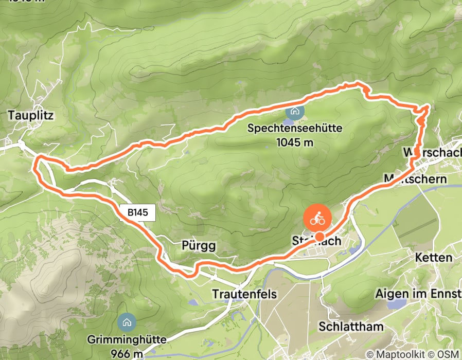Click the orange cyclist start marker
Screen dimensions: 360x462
tap(317, 218)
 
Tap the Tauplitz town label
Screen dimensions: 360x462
tap(31, 115)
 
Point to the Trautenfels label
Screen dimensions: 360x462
tap(244, 294)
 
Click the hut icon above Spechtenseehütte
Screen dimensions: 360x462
tap(294, 111)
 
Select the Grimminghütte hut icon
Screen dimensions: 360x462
tap(125, 322)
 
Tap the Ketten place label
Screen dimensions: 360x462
tap(435, 258)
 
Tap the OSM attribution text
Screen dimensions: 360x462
tap(449, 354)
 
